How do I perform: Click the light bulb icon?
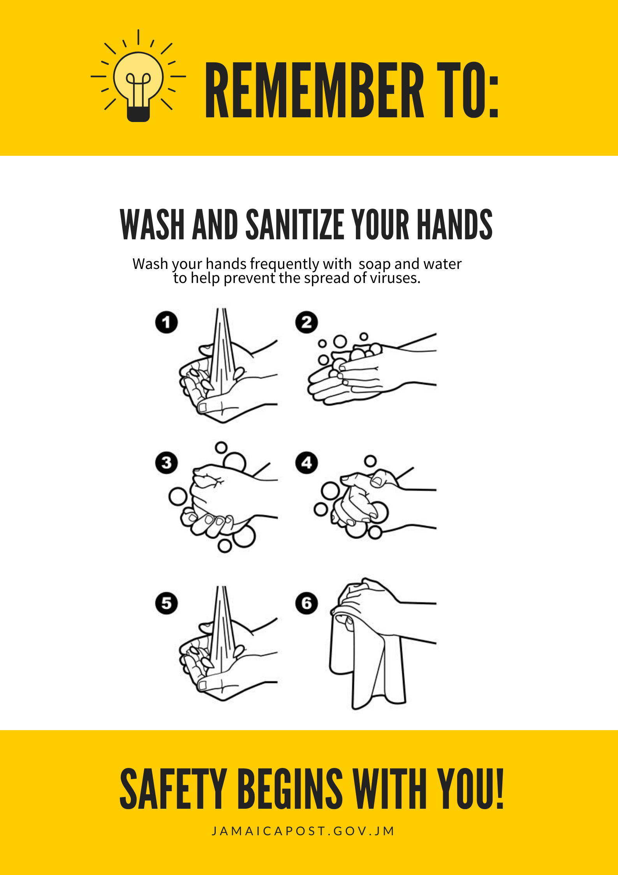(x=138, y=76)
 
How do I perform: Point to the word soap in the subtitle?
(x=374, y=264)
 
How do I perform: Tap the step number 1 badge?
(x=166, y=322)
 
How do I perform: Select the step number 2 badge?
(x=306, y=322)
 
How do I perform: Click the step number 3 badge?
(x=166, y=463)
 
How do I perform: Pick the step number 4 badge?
(x=306, y=463)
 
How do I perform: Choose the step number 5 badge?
(x=166, y=603)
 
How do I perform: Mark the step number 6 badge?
(x=306, y=603)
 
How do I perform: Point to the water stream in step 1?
(x=222, y=351)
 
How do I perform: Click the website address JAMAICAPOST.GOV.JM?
(x=303, y=831)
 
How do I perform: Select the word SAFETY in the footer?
(x=173, y=789)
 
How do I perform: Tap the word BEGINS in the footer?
(x=290, y=789)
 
